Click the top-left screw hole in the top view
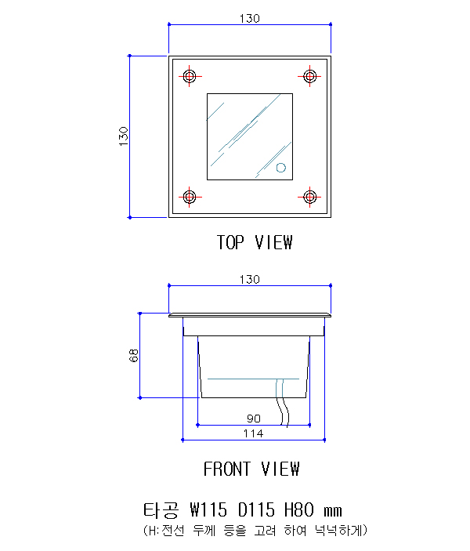point(190,76)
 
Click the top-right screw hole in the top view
point(309,76)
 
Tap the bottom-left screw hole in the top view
point(190,197)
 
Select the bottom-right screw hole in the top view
point(309,197)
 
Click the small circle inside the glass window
point(281,168)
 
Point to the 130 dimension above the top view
point(250,18)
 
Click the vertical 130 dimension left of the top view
point(123,136)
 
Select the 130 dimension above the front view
point(250,279)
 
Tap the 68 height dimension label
point(134,356)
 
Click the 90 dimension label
point(254,419)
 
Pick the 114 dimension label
point(253,433)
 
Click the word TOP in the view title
point(230,242)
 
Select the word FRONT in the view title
point(227,469)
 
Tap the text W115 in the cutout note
point(208,510)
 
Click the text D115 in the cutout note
point(256,510)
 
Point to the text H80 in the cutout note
point(299,510)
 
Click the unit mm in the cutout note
point(333,511)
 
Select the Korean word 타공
point(161,510)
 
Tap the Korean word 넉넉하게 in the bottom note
point(338,531)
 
